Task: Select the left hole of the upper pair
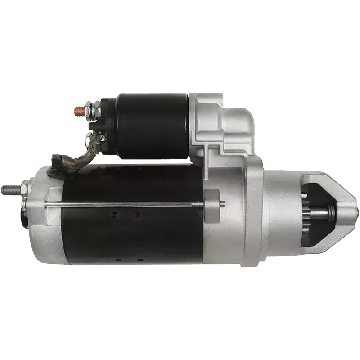pos(116,214)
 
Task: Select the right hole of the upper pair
pos(138,214)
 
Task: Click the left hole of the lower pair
pos(117,260)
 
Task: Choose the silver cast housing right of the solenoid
pos(220,121)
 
